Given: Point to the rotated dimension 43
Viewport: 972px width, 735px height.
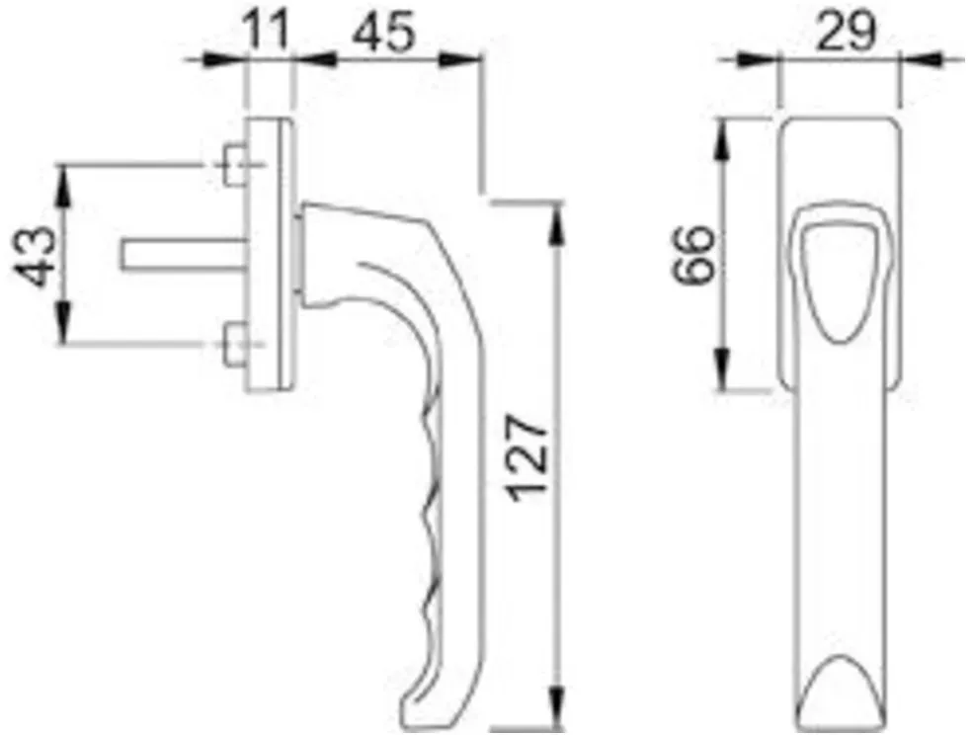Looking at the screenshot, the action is (x=34, y=256).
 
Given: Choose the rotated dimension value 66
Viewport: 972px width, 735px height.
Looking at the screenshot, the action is (x=694, y=254).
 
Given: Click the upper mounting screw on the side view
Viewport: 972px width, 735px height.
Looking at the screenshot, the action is (x=235, y=165).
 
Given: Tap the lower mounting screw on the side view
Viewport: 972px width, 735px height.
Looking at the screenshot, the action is (x=235, y=345).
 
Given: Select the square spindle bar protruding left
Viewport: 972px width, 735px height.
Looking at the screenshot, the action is (x=184, y=255).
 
